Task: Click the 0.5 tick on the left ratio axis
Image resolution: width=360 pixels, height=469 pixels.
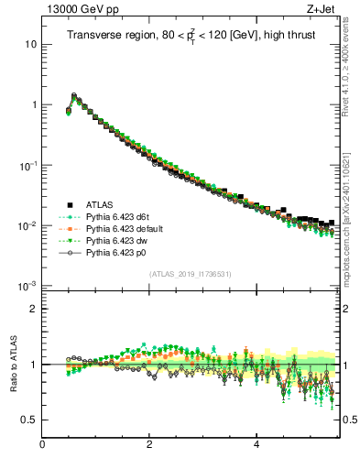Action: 28,420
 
